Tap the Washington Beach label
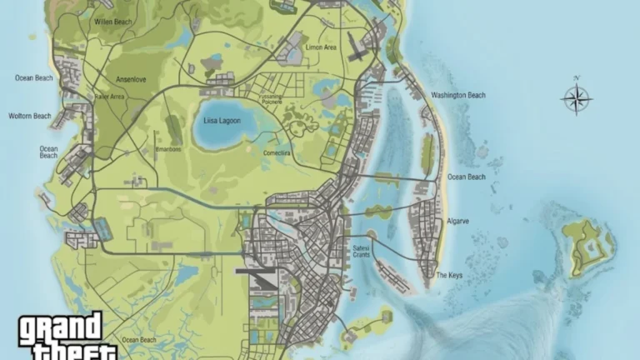(x=457, y=95)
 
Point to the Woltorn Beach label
(x=29, y=116)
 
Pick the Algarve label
(x=458, y=221)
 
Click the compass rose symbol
(x=576, y=99)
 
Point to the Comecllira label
(x=276, y=153)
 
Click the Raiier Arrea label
(x=109, y=97)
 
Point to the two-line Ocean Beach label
(x=48, y=152)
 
